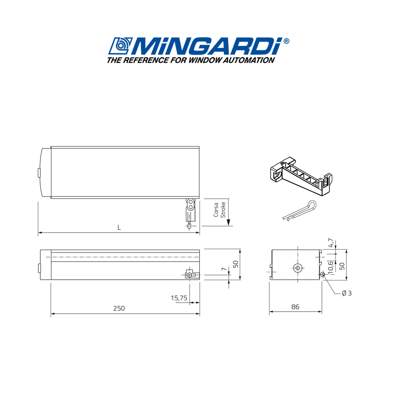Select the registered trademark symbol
286,41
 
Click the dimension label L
118,228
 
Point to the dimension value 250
118,308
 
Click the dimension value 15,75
179,298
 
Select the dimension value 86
295,307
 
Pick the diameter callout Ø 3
346,293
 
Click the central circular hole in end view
297,267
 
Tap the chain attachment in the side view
190,275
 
